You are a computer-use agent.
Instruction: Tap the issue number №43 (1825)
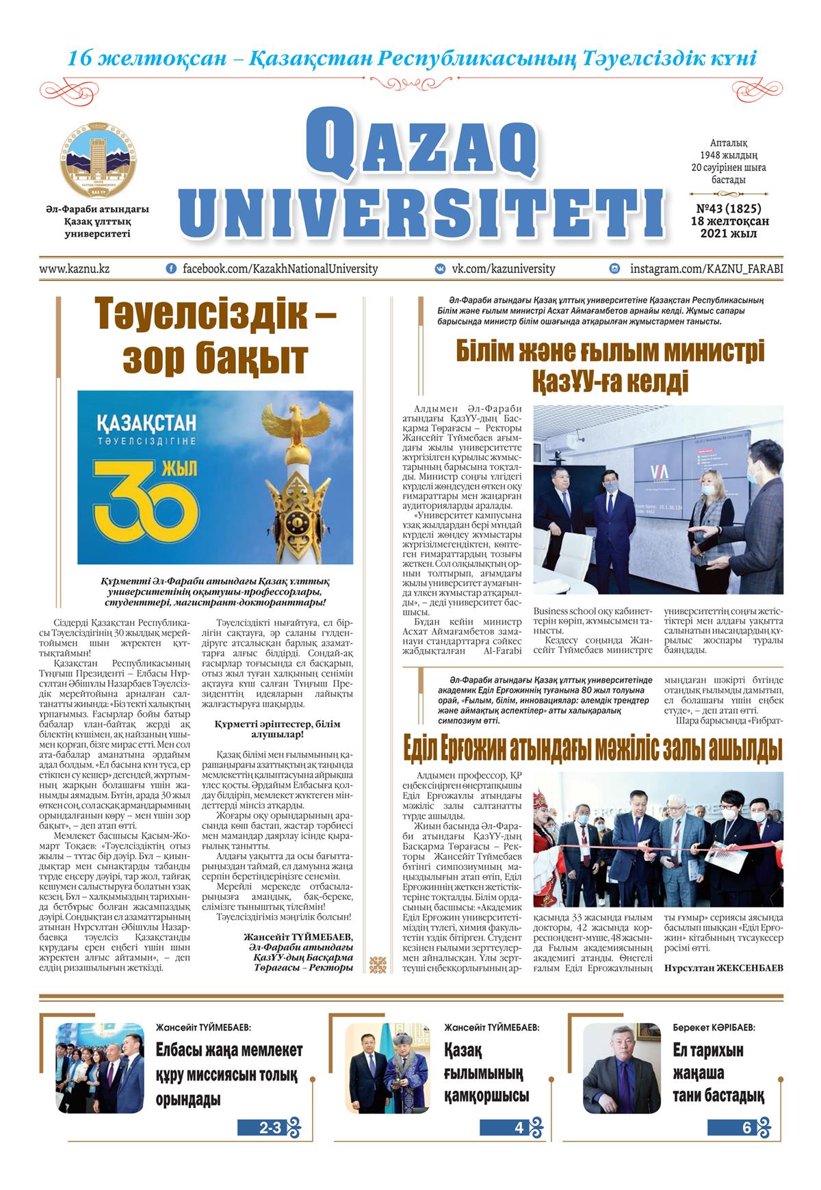pyautogui.click(x=729, y=209)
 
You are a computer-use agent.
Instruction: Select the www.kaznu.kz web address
pyautogui.click(x=74, y=269)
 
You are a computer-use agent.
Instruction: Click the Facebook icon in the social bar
pyautogui.click(x=171, y=269)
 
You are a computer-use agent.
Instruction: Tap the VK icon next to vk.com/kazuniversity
pyautogui.click(x=441, y=269)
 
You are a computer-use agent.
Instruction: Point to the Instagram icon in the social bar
pyautogui.click(x=615, y=269)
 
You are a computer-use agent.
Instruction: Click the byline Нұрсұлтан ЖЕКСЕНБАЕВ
pyautogui.click(x=723, y=967)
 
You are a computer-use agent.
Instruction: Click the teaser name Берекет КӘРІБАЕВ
pyautogui.click(x=714, y=1027)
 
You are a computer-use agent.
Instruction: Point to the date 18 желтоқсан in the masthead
pyautogui.click(x=729, y=221)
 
